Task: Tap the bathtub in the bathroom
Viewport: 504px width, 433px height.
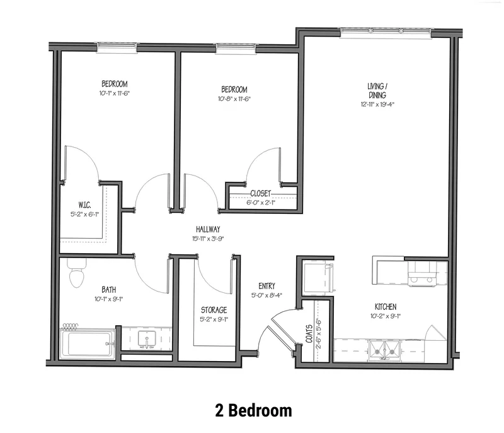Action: pos(88,344)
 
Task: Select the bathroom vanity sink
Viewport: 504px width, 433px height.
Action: pos(147,339)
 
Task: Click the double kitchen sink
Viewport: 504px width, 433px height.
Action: pos(385,350)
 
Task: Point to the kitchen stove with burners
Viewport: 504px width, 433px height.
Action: pos(421,275)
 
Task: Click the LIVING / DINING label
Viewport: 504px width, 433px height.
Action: pos(377,90)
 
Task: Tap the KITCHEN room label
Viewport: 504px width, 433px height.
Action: pos(386,307)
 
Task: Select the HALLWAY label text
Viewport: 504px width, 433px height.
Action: pos(208,229)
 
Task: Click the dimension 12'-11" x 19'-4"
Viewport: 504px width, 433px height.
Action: pos(377,104)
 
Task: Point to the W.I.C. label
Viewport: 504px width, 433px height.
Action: pos(84,205)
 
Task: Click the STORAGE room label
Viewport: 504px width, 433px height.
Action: pos(214,310)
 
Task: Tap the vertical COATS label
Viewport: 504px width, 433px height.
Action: pos(309,334)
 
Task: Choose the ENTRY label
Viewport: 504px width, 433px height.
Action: pos(266,286)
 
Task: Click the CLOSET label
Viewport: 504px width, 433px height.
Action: pos(261,194)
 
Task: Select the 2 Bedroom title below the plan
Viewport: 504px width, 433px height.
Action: pos(254,410)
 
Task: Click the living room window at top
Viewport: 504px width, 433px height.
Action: pos(386,31)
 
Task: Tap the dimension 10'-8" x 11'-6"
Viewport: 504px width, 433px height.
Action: pos(234,99)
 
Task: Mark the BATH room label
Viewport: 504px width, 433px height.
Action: pos(109,290)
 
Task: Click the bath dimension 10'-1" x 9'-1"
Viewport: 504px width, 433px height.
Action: pos(109,299)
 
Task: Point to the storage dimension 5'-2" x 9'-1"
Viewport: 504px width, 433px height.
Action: pos(214,319)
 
